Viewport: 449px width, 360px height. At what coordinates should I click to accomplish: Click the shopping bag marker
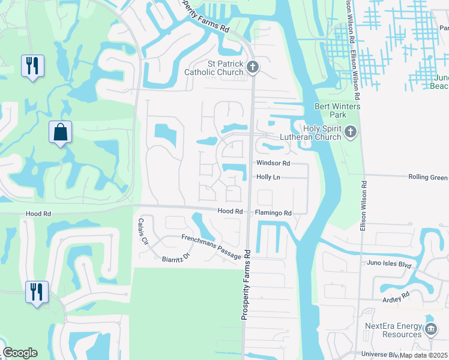click(61, 132)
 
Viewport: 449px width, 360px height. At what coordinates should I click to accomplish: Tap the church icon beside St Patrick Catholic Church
click(253, 67)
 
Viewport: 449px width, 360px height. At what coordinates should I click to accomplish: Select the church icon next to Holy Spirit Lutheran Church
click(351, 131)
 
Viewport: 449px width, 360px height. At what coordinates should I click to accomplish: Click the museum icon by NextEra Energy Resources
click(431, 329)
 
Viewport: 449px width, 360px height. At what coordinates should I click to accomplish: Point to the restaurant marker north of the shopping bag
click(32, 65)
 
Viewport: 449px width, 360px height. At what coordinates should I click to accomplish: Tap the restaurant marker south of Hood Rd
click(36, 292)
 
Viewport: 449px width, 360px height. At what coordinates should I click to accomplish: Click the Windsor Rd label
click(273, 163)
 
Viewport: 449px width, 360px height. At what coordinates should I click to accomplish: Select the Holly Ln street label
click(268, 177)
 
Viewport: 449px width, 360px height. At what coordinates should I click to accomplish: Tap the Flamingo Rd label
click(273, 212)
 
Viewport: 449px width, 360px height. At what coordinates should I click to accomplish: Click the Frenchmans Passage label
click(211, 247)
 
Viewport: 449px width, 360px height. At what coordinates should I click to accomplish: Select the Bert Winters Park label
click(331, 110)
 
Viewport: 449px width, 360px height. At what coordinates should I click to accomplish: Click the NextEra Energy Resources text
click(393, 330)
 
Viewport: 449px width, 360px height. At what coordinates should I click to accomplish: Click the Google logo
click(20, 353)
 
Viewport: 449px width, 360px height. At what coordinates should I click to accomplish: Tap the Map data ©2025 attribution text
click(424, 355)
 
